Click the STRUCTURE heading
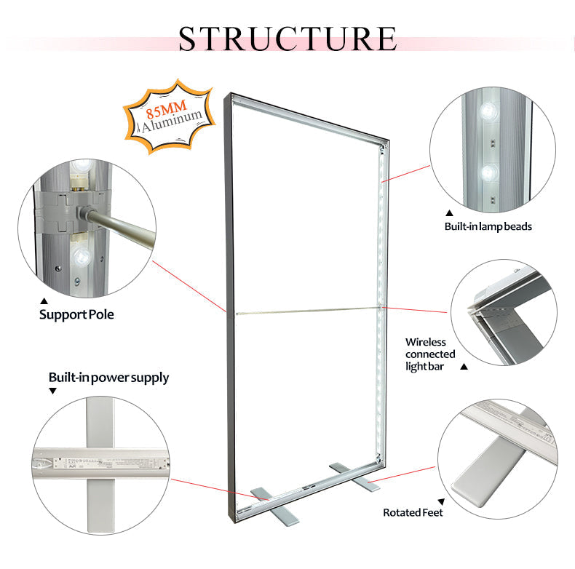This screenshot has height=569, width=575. pyautogui.click(x=287, y=38)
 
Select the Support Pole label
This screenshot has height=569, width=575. pyautogui.click(x=76, y=315)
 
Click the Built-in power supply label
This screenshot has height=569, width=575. pyautogui.click(x=108, y=378)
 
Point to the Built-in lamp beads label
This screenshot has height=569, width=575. pyautogui.click(x=488, y=226)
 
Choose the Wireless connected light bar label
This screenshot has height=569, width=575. pyautogui.click(x=426, y=354)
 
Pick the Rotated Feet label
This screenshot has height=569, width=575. pyautogui.click(x=413, y=512)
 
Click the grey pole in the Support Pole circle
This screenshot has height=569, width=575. pyautogui.click(x=124, y=225)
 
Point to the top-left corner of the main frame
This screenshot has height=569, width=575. pyautogui.click(x=229, y=95)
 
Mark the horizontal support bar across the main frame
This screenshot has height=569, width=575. pyautogui.click(x=306, y=311)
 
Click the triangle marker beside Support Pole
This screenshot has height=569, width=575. pyautogui.click(x=43, y=301)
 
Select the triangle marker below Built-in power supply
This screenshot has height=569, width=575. pyautogui.click(x=52, y=391)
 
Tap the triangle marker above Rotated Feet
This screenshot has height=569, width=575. pyautogui.click(x=440, y=501)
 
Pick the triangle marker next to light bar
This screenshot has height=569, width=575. pyautogui.click(x=464, y=366)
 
